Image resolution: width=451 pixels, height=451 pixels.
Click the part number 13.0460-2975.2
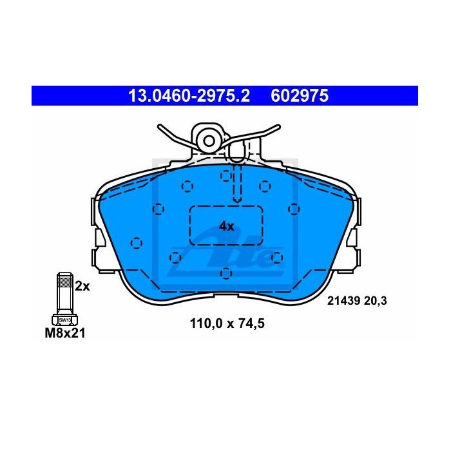coord(189,96)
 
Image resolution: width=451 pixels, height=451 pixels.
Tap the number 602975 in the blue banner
coord(300,96)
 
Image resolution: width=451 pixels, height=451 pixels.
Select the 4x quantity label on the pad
coord(226,227)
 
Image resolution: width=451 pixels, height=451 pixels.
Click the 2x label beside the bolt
coord(82,286)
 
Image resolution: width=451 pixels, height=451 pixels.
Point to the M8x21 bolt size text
coord(65,333)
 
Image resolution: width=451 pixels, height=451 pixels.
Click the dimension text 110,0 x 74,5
coord(227,323)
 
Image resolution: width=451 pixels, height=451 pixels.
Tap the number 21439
coord(343,301)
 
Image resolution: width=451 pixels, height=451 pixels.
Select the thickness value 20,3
coord(376,301)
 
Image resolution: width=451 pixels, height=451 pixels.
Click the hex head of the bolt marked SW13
coord(64,320)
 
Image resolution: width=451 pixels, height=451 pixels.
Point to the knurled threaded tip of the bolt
coord(64,279)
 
